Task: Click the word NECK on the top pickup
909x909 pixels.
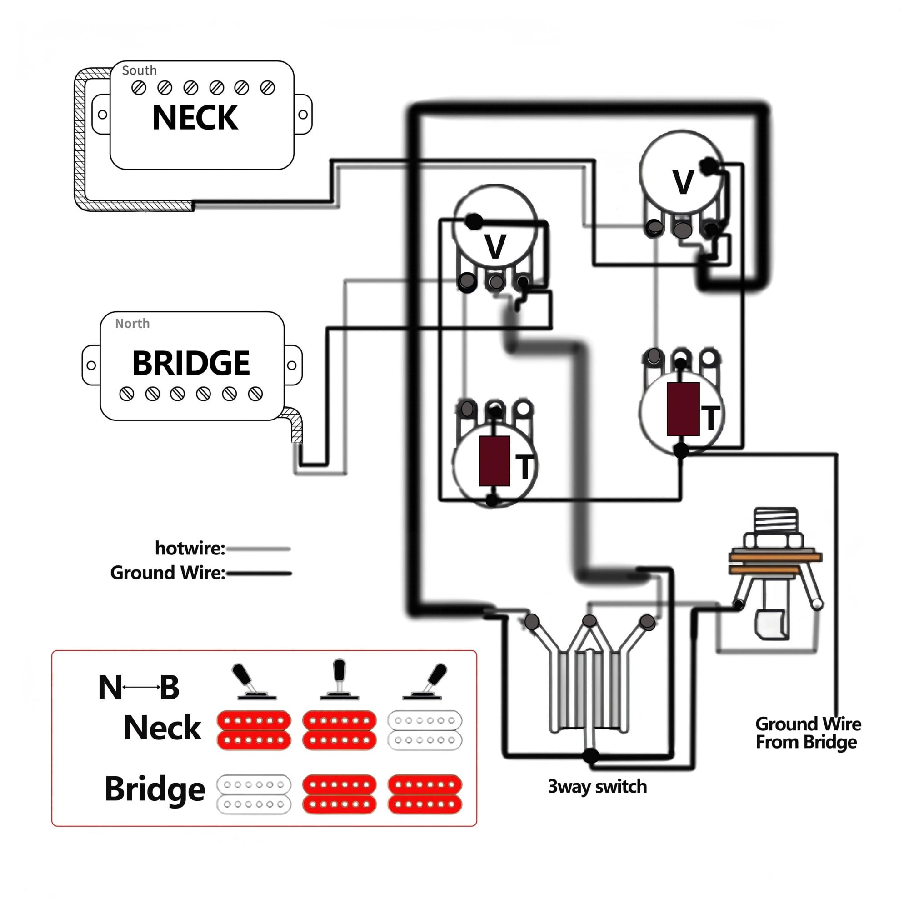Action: pos(195,117)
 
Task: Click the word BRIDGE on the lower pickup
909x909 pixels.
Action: pos(191,363)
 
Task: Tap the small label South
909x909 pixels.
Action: pos(139,70)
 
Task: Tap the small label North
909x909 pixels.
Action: pos(132,323)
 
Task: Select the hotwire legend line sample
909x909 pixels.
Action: pos(258,549)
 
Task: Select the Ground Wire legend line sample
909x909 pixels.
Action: pos(259,574)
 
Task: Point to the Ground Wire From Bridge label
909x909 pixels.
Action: pos(808,733)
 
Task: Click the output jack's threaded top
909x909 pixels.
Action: pos(776,521)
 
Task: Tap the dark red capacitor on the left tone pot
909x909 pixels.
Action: pos(494,460)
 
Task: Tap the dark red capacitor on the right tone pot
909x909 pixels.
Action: pos(683,409)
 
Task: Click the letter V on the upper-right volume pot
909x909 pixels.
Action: pos(683,182)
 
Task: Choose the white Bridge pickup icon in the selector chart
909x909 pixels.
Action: pos(254,794)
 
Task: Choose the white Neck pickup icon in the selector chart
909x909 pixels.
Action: pos(425,730)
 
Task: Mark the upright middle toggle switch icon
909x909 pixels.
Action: pos(339,679)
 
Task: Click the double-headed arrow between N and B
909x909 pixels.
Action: pos(141,687)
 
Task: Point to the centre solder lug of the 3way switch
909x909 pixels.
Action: pos(589,620)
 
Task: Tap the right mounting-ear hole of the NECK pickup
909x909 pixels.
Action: pos(303,115)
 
